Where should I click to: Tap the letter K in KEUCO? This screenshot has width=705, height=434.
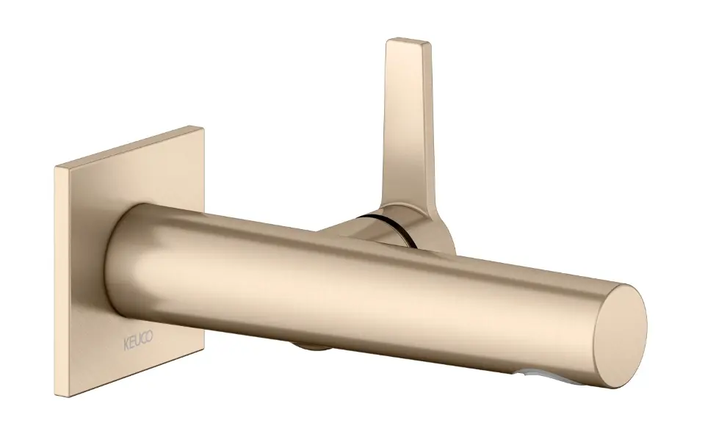(126, 345)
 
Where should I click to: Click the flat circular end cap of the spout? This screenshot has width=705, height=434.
(620, 336)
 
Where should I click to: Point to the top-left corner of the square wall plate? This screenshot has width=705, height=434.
(55, 167)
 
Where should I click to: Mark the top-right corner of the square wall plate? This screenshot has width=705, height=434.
(203, 128)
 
